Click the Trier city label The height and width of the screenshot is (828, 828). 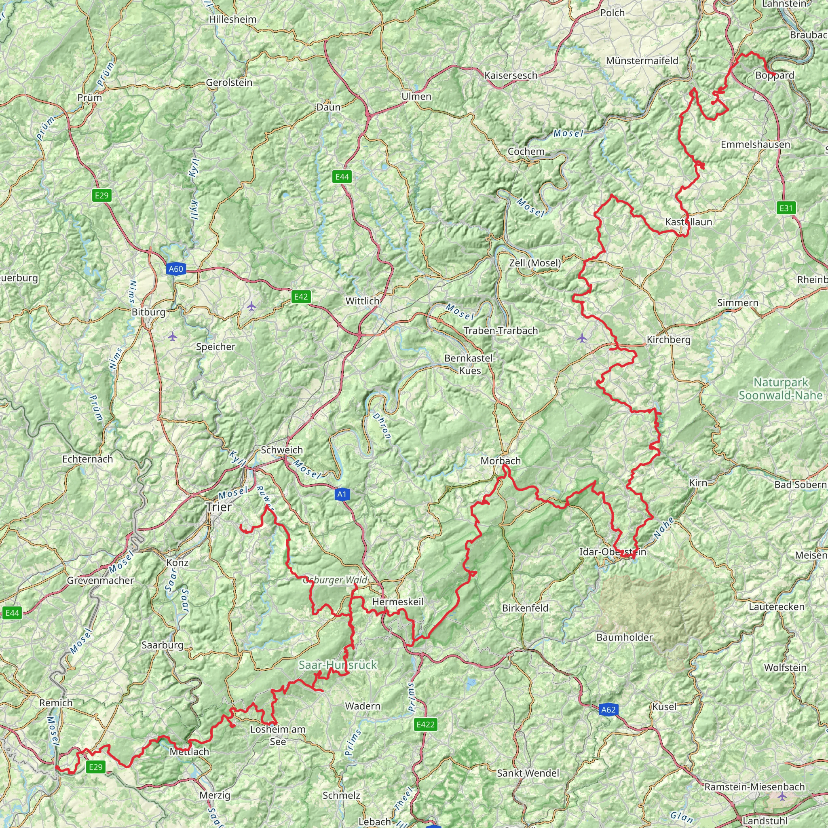point(219,507)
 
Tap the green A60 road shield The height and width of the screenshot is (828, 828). point(175,269)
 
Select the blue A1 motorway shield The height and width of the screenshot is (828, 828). point(341,494)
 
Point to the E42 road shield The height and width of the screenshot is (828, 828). point(300,297)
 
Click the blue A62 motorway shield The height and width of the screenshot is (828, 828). point(608,710)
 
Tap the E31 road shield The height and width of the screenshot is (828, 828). point(786,208)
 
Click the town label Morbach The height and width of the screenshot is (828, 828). point(501,461)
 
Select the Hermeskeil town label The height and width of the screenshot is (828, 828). point(398,602)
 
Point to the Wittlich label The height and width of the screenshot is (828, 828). point(363,301)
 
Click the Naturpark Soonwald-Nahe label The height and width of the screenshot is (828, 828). point(780,389)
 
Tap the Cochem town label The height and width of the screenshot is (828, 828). point(526,152)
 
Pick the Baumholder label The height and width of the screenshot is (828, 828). point(624,637)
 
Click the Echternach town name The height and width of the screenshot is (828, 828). point(87,459)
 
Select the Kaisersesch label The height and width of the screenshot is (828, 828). point(511,76)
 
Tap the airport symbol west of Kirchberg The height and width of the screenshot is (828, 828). point(581,338)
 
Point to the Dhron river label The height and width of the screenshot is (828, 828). point(381,426)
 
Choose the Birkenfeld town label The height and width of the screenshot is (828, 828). point(525,608)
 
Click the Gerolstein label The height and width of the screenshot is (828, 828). point(229,82)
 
